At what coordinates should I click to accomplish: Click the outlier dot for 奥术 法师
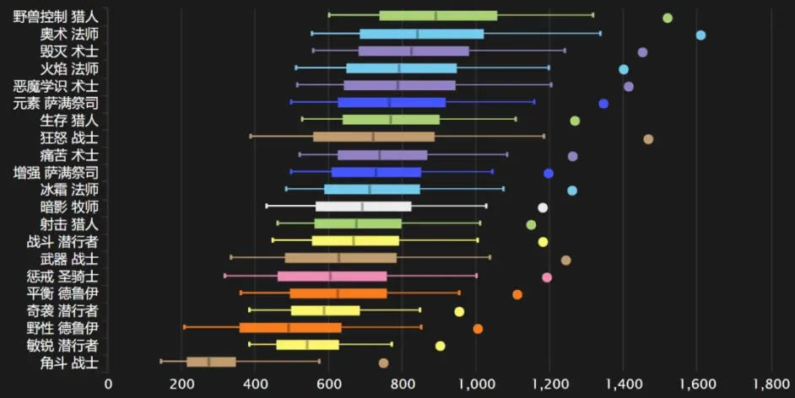click(x=700, y=35)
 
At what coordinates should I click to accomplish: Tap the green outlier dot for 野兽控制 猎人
click(x=668, y=18)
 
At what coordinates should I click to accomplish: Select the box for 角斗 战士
click(x=211, y=363)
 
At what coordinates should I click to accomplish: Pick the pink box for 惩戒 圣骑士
click(x=332, y=276)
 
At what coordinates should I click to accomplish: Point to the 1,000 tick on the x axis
click(x=476, y=384)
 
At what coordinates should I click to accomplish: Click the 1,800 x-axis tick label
click(x=771, y=384)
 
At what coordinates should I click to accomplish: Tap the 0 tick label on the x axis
click(x=108, y=384)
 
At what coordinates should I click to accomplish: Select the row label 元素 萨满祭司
click(x=56, y=104)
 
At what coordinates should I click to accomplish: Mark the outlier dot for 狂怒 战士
click(x=648, y=139)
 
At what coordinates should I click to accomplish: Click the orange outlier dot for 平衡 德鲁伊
click(x=517, y=294)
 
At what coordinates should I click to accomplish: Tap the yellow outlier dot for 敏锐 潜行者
click(x=440, y=346)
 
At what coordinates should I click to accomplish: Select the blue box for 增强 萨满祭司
click(x=376, y=172)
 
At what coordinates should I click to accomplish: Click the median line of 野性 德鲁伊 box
click(x=289, y=328)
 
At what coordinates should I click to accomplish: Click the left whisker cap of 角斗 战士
click(x=161, y=363)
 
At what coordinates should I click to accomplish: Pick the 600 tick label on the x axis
click(x=328, y=384)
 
